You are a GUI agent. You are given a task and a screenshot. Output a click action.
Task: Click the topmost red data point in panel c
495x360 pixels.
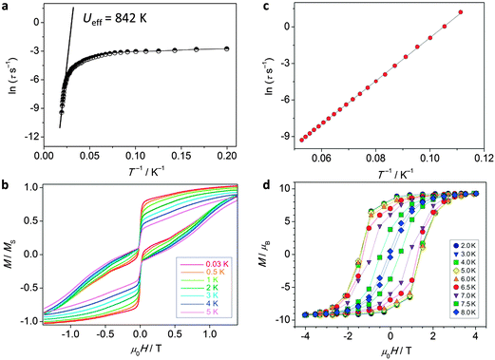click(460, 12)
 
